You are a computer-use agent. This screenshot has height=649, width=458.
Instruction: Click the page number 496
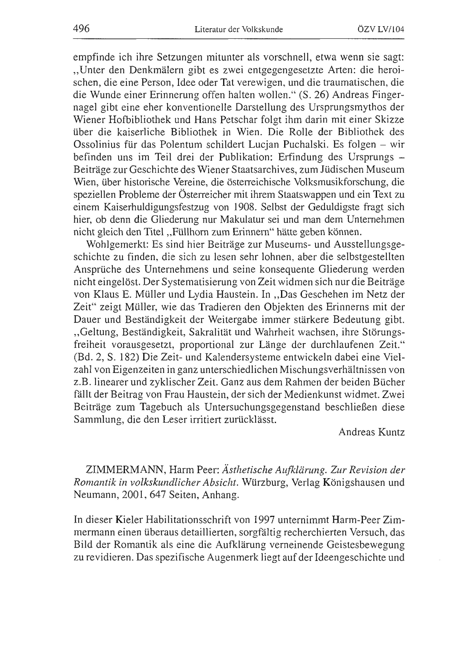(x=81, y=29)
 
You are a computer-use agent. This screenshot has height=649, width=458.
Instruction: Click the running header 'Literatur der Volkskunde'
(x=239, y=29)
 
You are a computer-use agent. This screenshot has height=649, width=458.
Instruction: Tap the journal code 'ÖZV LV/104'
(x=381, y=29)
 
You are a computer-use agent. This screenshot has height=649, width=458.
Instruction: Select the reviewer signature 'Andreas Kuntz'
(x=371, y=432)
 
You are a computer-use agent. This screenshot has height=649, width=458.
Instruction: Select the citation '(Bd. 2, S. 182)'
(x=106, y=357)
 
